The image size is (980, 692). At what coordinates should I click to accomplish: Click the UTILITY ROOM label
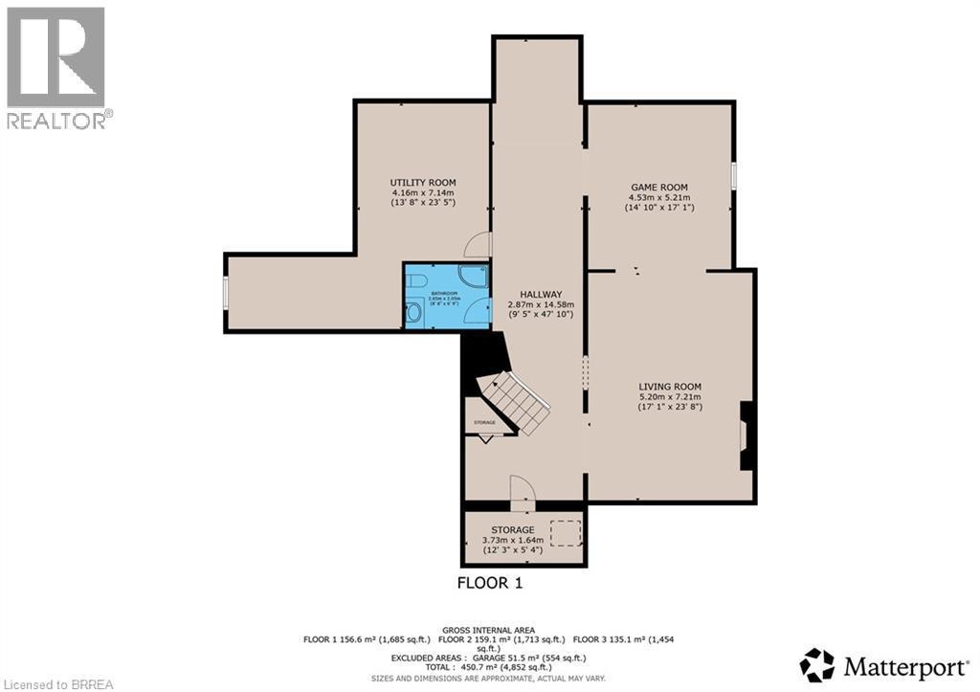[x=422, y=182]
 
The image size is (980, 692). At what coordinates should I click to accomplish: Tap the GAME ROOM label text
[x=658, y=187]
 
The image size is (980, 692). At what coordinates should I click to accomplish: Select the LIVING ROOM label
[x=670, y=386]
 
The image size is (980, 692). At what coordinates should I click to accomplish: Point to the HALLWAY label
[x=541, y=294]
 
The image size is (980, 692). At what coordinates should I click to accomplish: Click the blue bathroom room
[x=445, y=297]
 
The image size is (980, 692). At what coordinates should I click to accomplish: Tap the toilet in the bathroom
[x=413, y=312]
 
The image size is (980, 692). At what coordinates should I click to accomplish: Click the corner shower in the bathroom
[x=476, y=278]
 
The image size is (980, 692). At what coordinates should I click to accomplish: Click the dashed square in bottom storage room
[x=566, y=533]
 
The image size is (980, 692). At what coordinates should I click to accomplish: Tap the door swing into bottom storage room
[x=522, y=489]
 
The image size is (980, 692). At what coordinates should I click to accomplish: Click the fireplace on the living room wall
[x=746, y=435]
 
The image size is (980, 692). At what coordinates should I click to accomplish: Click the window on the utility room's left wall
[x=226, y=293]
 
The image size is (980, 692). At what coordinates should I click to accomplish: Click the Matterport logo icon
[x=817, y=664]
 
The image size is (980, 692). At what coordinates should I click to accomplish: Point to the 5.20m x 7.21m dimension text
[x=670, y=396]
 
